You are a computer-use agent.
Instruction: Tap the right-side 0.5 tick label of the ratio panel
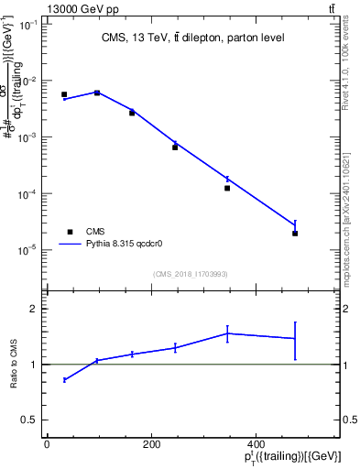349,420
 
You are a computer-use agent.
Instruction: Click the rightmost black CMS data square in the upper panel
295,234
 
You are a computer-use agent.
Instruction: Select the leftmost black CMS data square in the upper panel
64,94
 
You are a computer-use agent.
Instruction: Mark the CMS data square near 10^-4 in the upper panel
226,188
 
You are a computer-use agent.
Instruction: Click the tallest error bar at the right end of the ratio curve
295,339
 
